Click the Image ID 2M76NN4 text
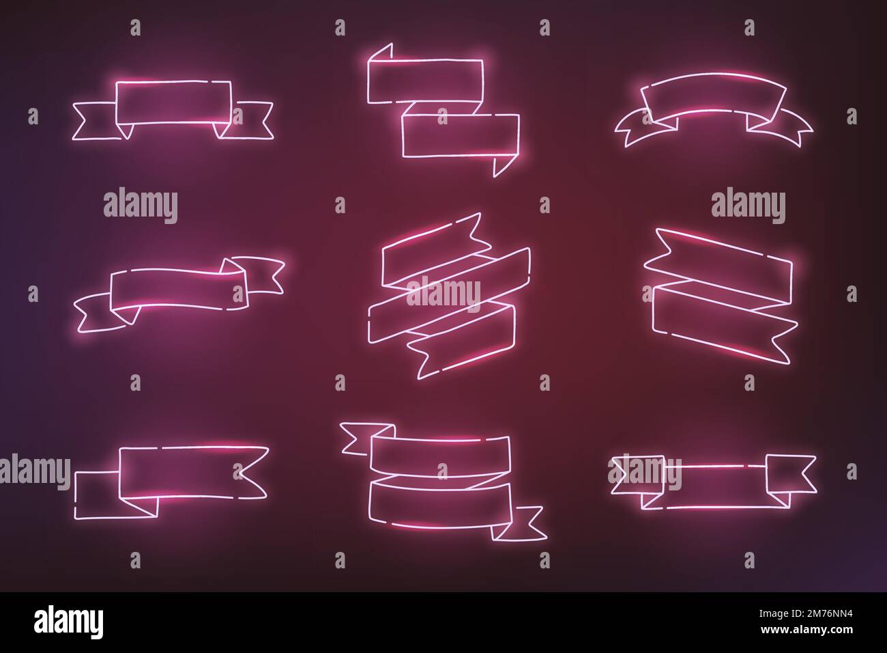coord(805,614)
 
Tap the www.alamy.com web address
coord(806,629)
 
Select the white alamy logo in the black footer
coord(68,622)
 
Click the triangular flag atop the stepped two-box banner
coord(381,53)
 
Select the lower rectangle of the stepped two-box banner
coord(461,136)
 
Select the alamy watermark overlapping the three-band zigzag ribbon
coord(443,294)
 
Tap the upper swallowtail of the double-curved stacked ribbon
coord(366,439)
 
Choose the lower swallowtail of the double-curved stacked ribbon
coord(519,523)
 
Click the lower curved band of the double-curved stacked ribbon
coord(440,506)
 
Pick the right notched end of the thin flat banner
coord(791,474)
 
